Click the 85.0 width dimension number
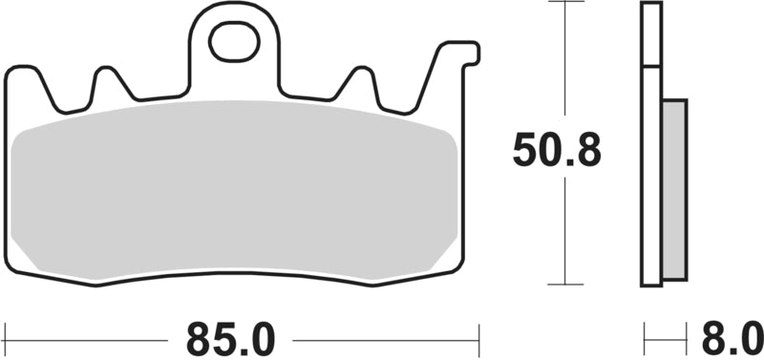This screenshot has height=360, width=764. (x=230, y=339)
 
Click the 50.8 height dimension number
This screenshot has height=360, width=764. (x=557, y=149)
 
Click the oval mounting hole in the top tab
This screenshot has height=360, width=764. (x=234, y=42)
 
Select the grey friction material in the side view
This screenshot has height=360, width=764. (x=675, y=190)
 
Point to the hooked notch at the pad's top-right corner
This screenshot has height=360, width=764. (x=470, y=53)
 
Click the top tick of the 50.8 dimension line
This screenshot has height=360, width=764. (x=565, y=2)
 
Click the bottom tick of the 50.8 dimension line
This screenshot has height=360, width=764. (x=565, y=284)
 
